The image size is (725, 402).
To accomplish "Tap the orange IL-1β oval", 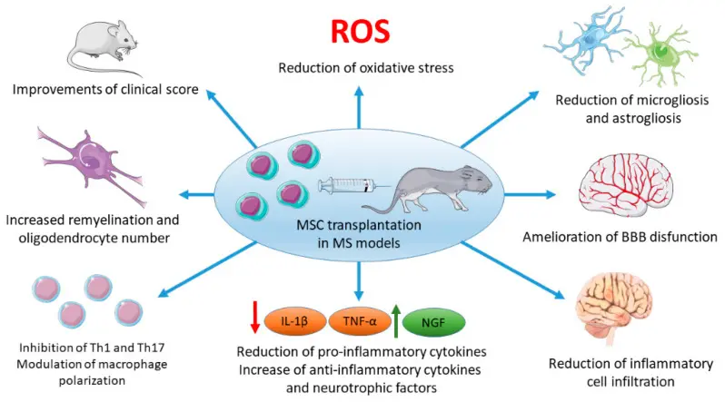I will (x=299, y=320).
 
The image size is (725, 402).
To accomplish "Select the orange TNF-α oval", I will (x=361, y=320).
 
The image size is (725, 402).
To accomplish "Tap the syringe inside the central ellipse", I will (x=350, y=189).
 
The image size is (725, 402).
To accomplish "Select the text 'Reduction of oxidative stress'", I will (x=361, y=69).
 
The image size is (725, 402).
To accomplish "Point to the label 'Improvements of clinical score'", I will (x=107, y=91).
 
